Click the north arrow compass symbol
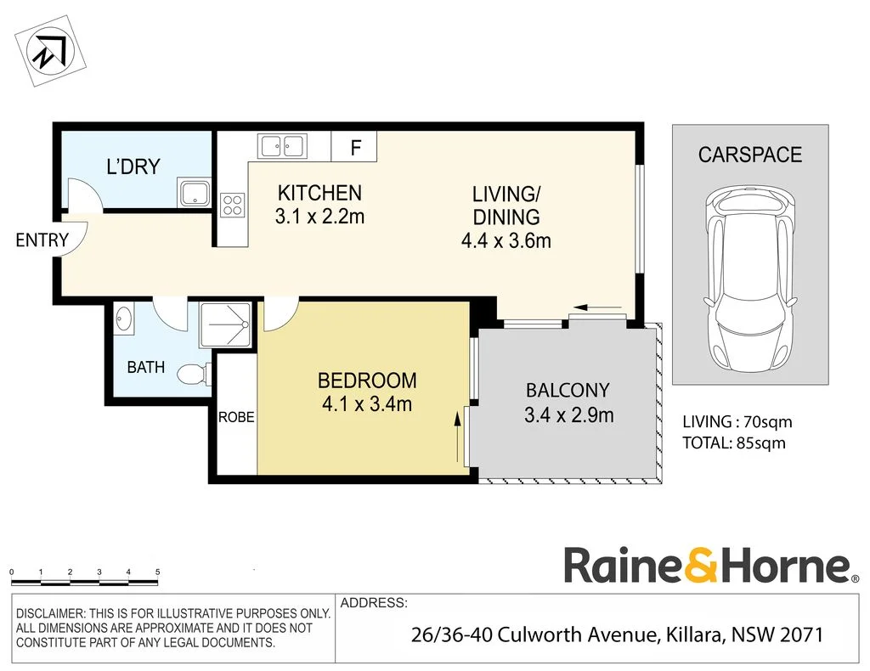(50, 50)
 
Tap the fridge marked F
(354, 146)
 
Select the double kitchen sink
(282, 146)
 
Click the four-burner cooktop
(232, 204)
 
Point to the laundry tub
(194, 193)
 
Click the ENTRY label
(42, 240)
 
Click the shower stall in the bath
(225, 325)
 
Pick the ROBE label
(236, 417)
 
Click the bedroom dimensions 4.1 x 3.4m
(367, 404)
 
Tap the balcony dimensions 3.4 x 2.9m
(568, 414)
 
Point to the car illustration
(750, 279)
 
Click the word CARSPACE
(750, 155)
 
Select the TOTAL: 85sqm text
(734, 443)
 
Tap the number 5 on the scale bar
(157, 572)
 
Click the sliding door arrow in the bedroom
(457, 437)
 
